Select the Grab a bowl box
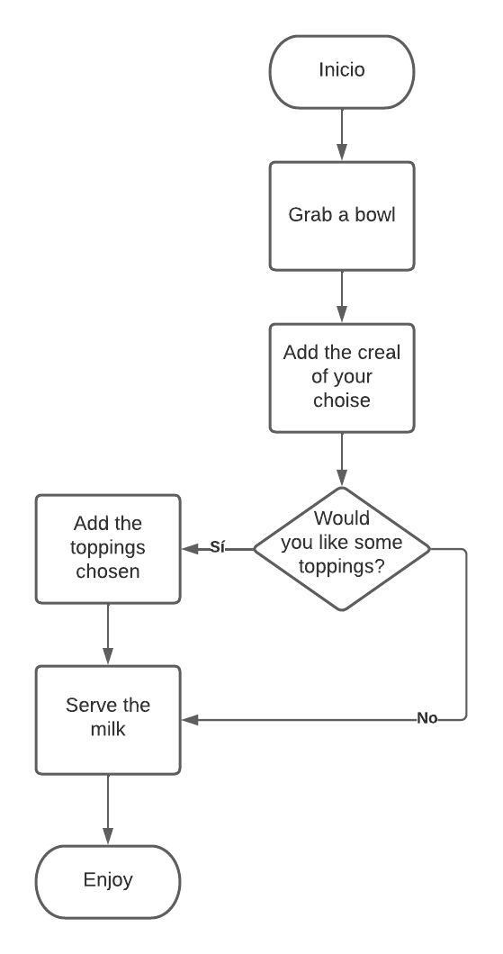tap(342, 216)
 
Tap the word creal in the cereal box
tap(379, 353)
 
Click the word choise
tap(342, 400)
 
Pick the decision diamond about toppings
tap(342, 548)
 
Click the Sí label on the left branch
tap(218, 547)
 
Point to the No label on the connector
tap(427, 718)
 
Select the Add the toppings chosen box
tap(108, 548)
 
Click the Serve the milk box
tap(108, 719)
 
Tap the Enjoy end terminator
tap(108, 880)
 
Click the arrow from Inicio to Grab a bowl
tap(342, 134)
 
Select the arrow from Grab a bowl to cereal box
tap(342, 297)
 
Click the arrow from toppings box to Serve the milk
tap(108, 634)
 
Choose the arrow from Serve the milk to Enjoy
tap(108, 809)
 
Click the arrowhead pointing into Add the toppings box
tap(189, 548)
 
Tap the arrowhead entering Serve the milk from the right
tap(189, 719)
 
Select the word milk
tap(108, 730)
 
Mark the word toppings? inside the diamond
tap(342, 567)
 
